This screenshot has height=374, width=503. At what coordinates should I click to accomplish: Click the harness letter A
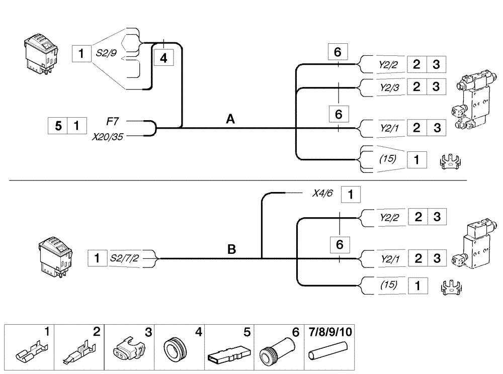click(x=231, y=119)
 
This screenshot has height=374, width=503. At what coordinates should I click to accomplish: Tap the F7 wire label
click(x=113, y=121)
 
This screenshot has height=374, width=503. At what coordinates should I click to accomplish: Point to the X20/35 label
click(x=107, y=136)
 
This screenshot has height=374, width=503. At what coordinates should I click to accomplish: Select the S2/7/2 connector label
click(x=124, y=258)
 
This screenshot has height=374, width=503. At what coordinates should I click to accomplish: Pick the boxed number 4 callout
click(x=163, y=58)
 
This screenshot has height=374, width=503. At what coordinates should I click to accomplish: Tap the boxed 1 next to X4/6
click(x=351, y=194)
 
